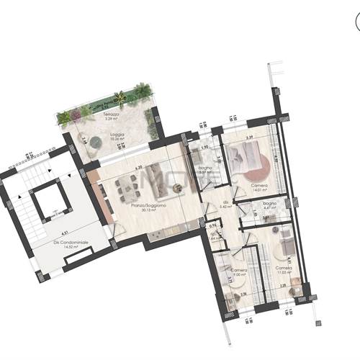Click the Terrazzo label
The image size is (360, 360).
tap(111, 115)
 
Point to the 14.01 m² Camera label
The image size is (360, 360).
tap(259, 186)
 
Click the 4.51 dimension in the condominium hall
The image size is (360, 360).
tap(65, 233)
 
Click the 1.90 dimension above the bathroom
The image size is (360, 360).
tap(204, 147)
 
